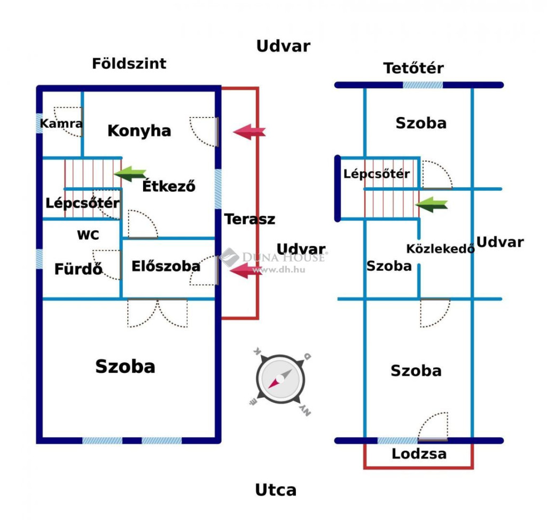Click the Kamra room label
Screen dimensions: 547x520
pyautogui.click(x=61, y=123)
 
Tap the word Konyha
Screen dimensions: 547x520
pyautogui.click(x=139, y=131)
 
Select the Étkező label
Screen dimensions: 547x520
pyautogui.click(x=169, y=186)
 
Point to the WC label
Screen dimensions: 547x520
pyautogui.click(x=88, y=235)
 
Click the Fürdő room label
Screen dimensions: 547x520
pyautogui.click(x=79, y=269)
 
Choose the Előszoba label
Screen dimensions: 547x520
pyautogui.click(x=166, y=266)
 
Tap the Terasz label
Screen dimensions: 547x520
pyautogui.click(x=250, y=219)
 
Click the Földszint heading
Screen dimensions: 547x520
pyautogui.click(x=129, y=64)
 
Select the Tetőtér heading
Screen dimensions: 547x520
pyautogui.click(x=414, y=68)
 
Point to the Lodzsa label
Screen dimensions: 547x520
pyautogui.click(x=419, y=454)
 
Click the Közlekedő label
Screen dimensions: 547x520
pyautogui.click(x=441, y=249)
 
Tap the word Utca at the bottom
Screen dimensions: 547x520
pyautogui.click(x=276, y=490)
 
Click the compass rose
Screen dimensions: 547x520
pyautogui.click(x=280, y=380)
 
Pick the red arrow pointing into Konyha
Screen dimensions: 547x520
pyautogui.click(x=249, y=132)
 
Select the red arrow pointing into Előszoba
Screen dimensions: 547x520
pyautogui.click(x=246, y=271)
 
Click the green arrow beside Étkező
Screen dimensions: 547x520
pyautogui.click(x=130, y=174)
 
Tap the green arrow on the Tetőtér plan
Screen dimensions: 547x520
pyautogui.click(x=432, y=204)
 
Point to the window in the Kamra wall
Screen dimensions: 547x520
pyautogui.click(x=40, y=123)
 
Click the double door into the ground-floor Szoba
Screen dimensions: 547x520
pyautogui.click(x=158, y=313)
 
